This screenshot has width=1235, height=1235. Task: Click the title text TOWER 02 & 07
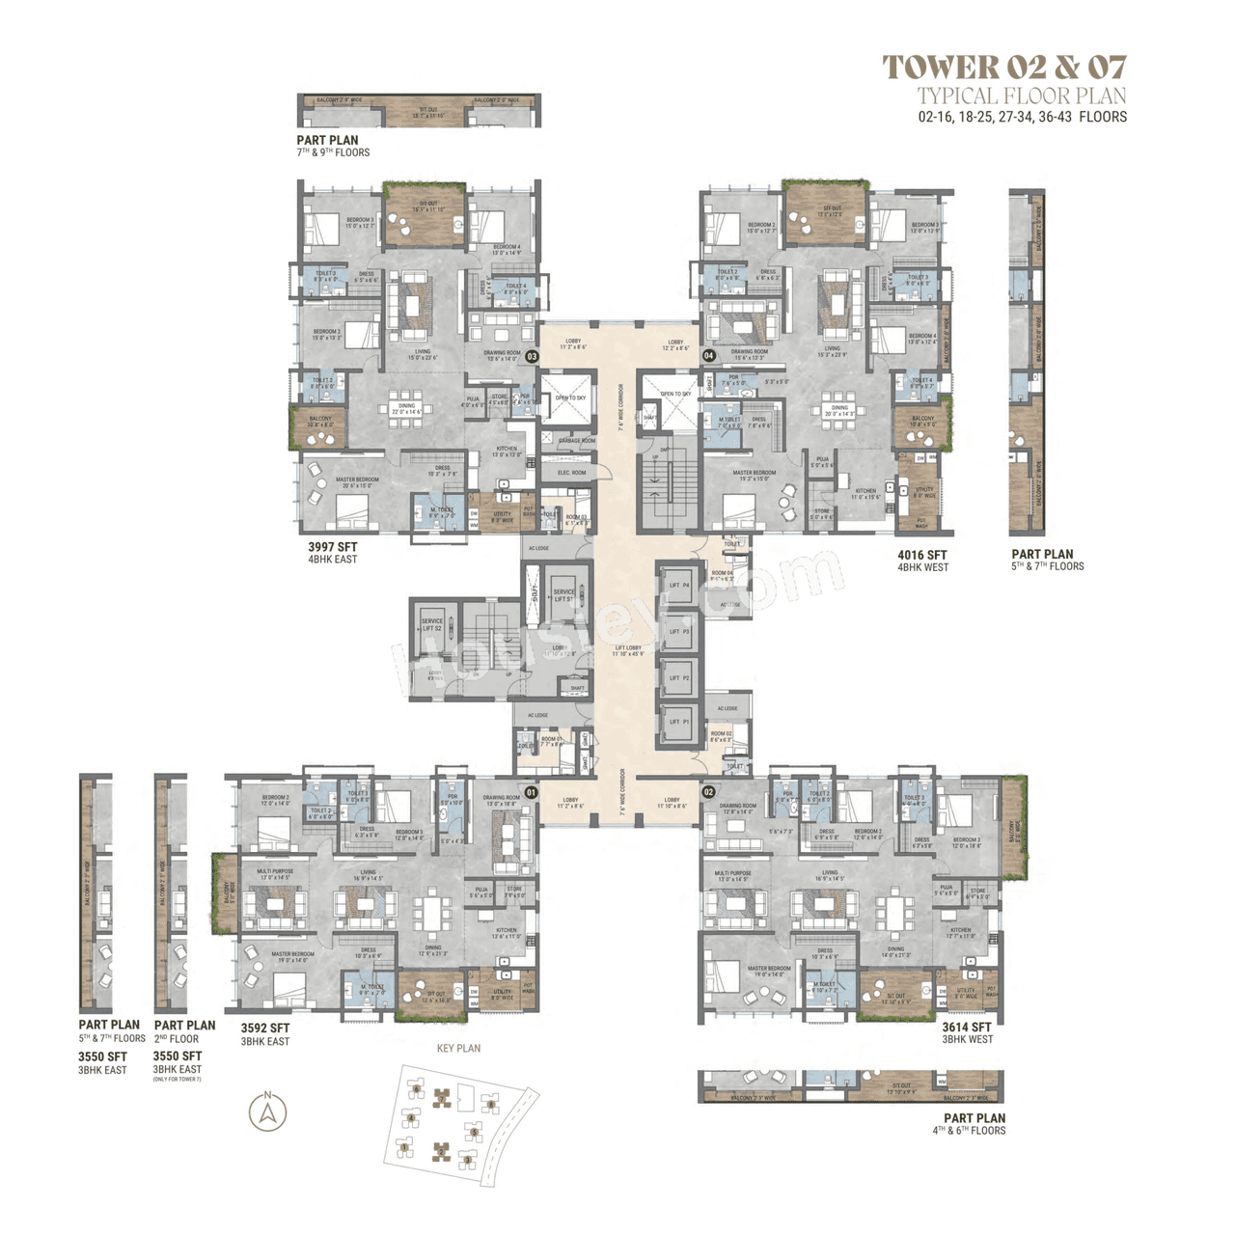pos(1003,67)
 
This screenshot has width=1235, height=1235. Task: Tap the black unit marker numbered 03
pos(532,356)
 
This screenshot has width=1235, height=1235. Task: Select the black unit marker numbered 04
pos(709,355)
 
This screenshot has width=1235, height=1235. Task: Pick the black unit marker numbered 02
pos(709,793)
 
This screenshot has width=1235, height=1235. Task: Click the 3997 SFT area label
pos(332,547)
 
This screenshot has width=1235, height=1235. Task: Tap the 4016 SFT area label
pos(921,555)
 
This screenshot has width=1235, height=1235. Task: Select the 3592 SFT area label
pos(264,1029)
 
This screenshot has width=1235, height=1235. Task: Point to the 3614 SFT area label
pos(967,1028)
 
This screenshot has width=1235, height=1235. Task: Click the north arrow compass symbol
pos(268,1112)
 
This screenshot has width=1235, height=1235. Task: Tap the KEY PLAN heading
pos(458,1048)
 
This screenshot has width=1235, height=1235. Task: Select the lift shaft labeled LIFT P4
pos(679,586)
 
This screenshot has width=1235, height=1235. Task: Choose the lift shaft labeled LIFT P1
pos(679,722)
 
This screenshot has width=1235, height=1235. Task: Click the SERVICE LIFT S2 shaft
pos(431,625)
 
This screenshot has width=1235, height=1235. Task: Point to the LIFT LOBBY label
pos(626,650)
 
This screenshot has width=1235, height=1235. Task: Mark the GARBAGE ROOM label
pos(576,441)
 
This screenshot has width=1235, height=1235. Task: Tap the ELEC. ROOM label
pos(571,473)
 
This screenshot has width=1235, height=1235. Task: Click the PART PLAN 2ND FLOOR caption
pos(184,1031)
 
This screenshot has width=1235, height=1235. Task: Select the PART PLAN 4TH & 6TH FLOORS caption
pos(974,1124)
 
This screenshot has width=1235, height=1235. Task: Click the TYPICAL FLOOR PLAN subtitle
pos(1021,96)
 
